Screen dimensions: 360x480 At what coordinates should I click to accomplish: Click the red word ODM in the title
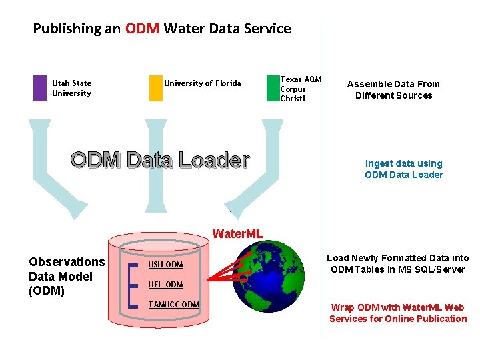[x=141, y=29]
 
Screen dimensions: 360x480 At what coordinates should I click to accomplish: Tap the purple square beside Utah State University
[x=40, y=88]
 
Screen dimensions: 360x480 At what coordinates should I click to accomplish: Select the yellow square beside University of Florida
[x=155, y=88]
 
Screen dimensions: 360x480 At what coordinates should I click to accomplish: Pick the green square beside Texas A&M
[x=272, y=88]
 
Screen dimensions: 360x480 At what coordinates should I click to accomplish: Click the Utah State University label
[x=71, y=88]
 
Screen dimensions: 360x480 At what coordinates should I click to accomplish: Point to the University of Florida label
[x=203, y=83]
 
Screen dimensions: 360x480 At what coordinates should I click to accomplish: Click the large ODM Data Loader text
[x=160, y=161]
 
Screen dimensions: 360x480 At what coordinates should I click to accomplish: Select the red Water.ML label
[x=237, y=234]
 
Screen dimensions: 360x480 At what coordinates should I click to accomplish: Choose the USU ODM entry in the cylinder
[x=165, y=265]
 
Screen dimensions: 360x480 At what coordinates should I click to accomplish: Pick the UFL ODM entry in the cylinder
[x=165, y=285]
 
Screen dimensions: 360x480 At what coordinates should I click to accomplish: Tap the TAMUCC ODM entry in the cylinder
[x=173, y=305]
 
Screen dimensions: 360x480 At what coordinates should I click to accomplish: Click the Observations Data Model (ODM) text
[x=66, y=276]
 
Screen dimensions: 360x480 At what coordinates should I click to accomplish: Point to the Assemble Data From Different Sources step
[x=393, y=89]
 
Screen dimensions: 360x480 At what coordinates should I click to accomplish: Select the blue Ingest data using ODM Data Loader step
[x=403, y=169]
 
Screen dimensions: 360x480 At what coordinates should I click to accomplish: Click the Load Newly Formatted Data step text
[x=397, y=263]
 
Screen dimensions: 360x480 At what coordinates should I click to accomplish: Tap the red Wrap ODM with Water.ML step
[x=398, y=313]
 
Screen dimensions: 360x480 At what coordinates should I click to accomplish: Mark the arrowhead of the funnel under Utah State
[x=79, y=209]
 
